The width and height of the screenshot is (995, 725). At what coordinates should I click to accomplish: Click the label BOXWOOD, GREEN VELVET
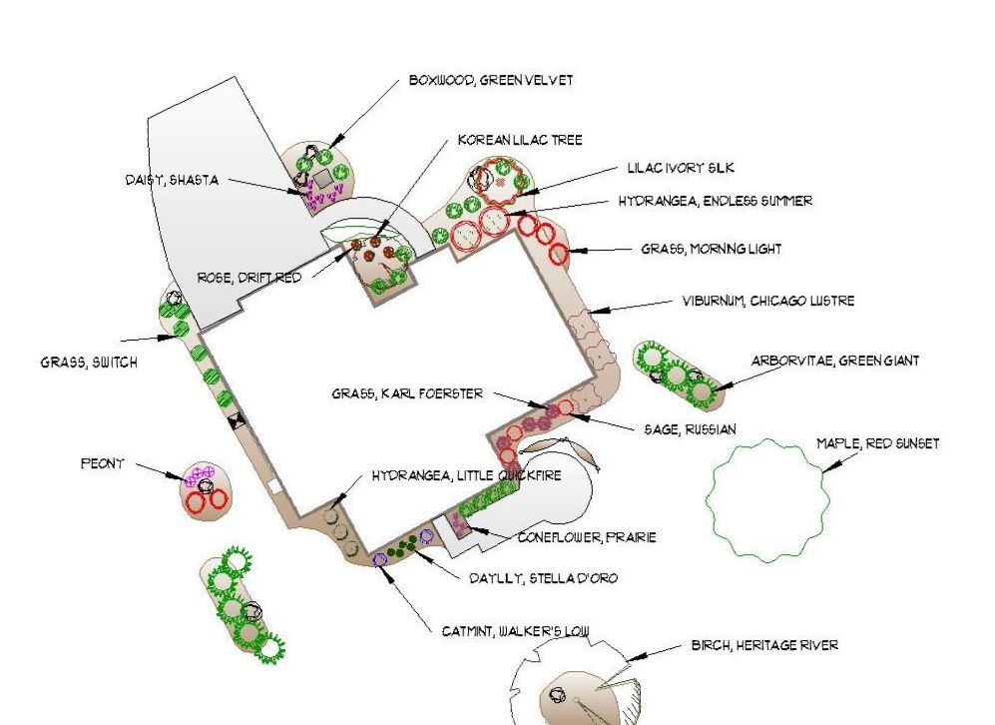pyautogui.click(x=491, y=81)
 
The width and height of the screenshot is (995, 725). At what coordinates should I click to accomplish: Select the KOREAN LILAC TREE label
pyautogui.click(x=520, y=140)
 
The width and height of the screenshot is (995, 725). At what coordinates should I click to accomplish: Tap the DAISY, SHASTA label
pyautogui.click(x=172, y=180)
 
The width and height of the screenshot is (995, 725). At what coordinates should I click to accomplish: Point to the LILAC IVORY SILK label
pyautogui.click(x=681, y=168)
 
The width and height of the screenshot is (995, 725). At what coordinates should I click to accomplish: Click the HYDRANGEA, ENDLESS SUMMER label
pyautogui.click(x=716, y=202)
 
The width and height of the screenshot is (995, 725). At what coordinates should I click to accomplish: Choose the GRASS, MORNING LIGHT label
pyautogui.click(x=711, y=249)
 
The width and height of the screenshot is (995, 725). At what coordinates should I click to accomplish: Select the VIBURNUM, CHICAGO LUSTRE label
pyautogui.click(x=767, y=301)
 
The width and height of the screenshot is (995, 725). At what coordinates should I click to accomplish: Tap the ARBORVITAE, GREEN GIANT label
pyautogui.click(x=835, y=362)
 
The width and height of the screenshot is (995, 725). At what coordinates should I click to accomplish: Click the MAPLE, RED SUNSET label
pyautogui.click(x=877, y=443)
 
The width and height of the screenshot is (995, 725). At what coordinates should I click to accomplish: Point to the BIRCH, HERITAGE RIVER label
pyautogui.click(x=764, y=646)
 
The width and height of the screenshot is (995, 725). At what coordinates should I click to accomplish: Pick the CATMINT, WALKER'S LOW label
pyautogui.click(x=515, y=632)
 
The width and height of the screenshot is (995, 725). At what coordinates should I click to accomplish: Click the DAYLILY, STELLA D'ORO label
pyautogui.click(x=543, y=578)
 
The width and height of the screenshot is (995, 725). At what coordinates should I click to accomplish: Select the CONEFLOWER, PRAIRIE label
pyautogui.click(x=587, y=537)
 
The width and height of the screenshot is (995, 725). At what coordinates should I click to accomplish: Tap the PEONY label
pyautogui.click(x=102, y=463)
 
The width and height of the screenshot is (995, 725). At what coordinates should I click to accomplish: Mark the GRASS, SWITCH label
pyautogui.click(x=89, y=362)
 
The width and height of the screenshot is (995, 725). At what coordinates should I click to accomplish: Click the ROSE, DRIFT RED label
pyautogui.click(x=249, y=278)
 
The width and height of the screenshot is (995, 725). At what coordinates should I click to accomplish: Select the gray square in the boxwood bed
pyautogui.click(x=323, y=179)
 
